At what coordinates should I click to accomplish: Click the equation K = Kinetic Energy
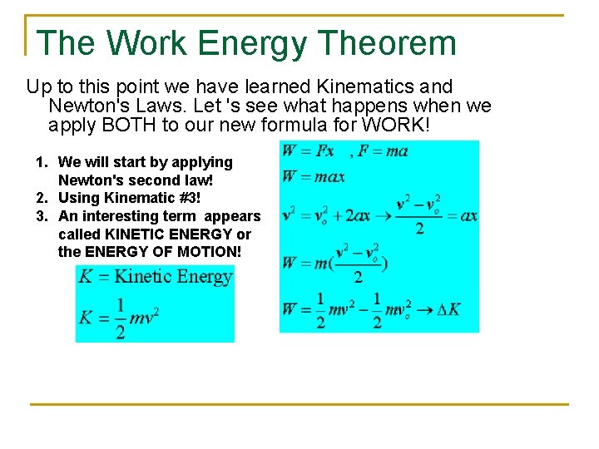click(155, 277)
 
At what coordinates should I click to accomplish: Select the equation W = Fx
click(308, 151)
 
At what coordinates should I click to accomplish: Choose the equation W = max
click(313, 176)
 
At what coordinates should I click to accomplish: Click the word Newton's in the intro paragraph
click(84, 106)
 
